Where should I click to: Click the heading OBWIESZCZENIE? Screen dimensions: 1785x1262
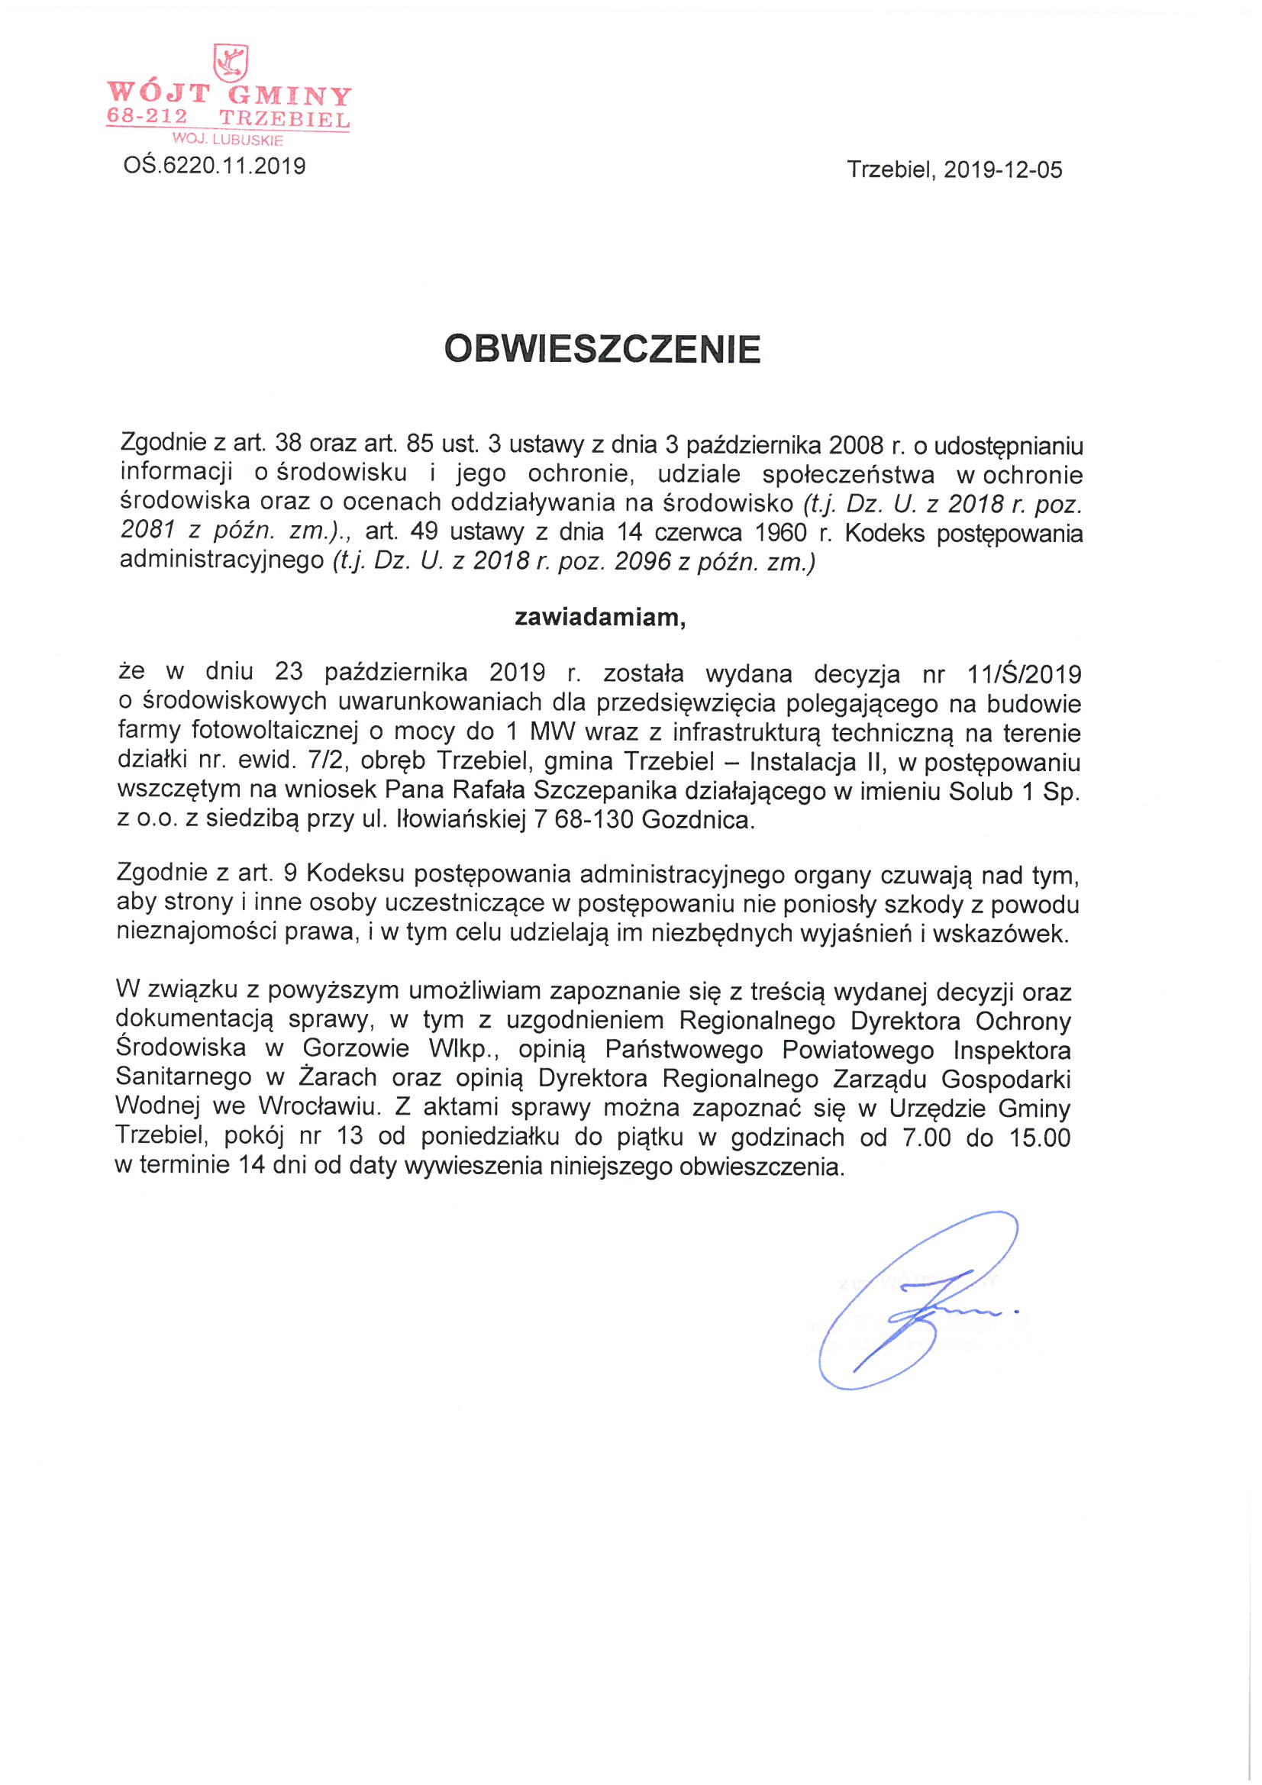tap(602, 349)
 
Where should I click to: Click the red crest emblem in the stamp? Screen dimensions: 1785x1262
tap(230, 62)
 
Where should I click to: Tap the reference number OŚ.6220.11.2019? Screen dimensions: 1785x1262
tap(214, 166)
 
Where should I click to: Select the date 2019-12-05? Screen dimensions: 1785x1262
tap(1002, 170)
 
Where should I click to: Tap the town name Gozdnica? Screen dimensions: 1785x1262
tap(698, 819)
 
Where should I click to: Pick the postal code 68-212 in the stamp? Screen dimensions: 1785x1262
tap(147, 117)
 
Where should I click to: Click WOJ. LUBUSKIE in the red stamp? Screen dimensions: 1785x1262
tap(228, 140)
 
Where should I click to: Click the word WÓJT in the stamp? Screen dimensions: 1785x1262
tap(159, 93)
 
